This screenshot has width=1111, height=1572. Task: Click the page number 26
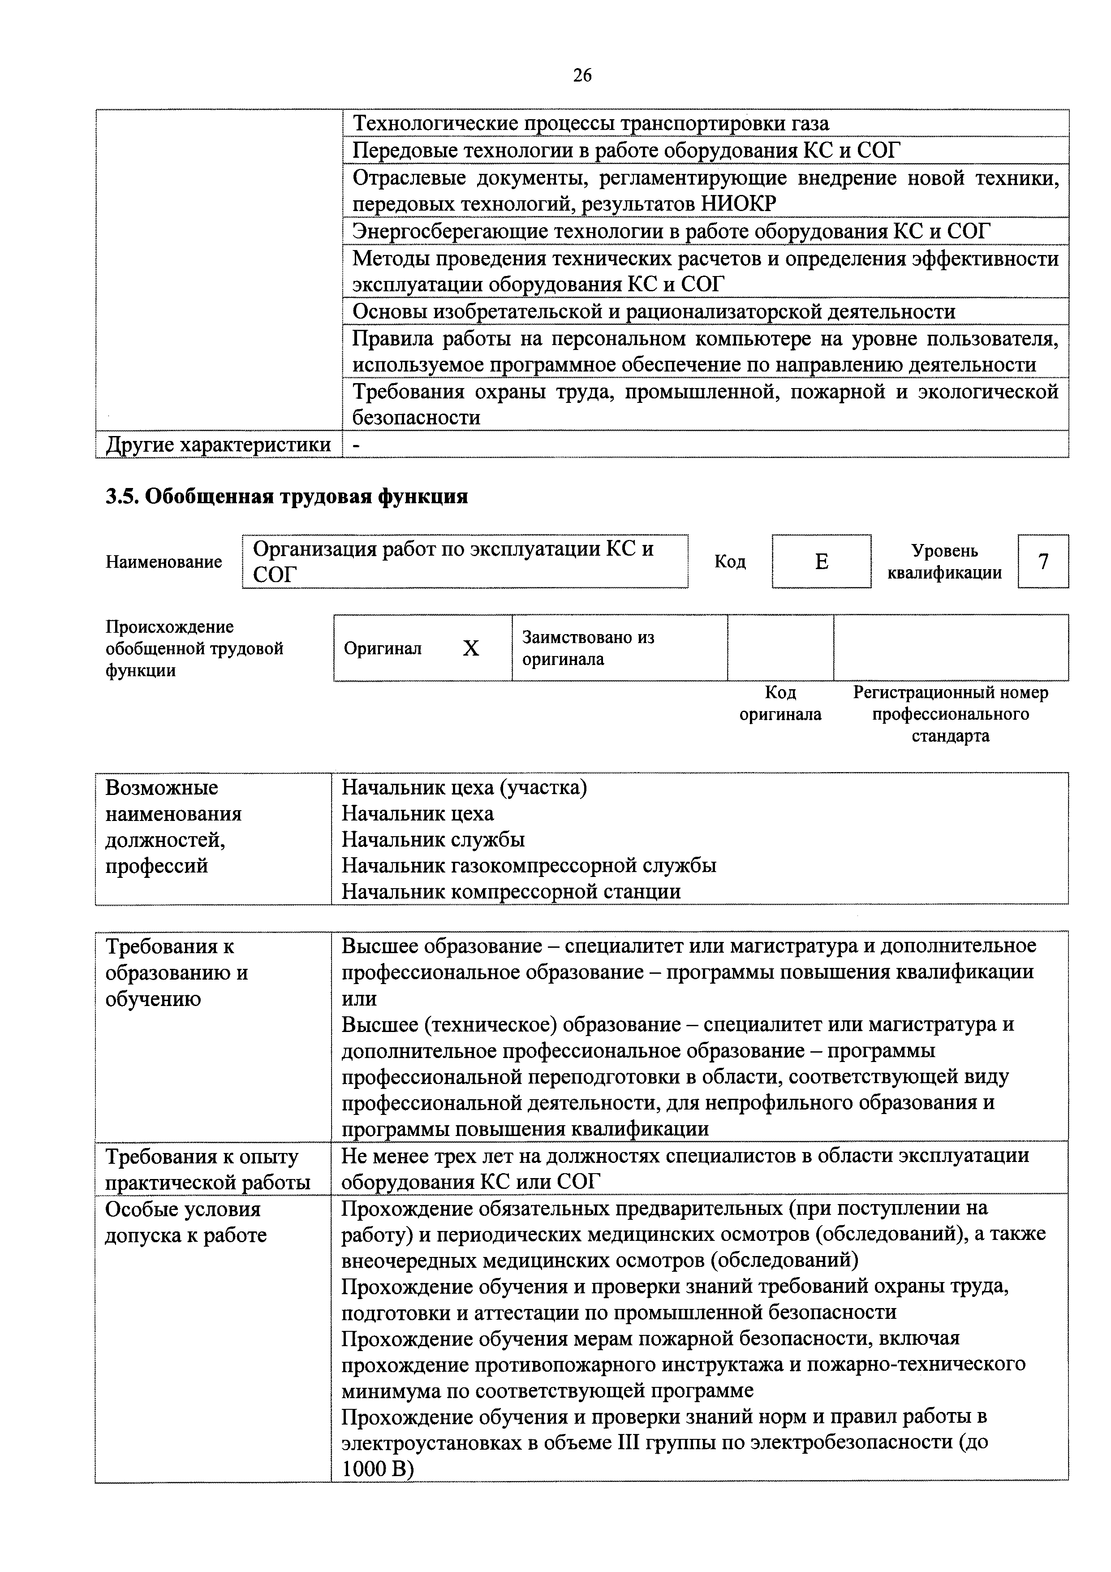582,75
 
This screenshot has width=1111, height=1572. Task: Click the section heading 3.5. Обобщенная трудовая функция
286,496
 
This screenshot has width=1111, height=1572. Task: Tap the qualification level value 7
1042,561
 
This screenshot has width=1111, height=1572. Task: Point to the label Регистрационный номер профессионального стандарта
950,714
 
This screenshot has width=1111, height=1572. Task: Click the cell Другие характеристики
218,445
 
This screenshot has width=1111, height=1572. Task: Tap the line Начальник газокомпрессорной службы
529,865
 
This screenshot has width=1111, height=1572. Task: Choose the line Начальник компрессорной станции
511,891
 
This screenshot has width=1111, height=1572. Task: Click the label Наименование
164,562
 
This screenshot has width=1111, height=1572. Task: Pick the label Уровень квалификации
944,561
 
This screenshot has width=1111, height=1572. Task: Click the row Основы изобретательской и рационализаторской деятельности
653,311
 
